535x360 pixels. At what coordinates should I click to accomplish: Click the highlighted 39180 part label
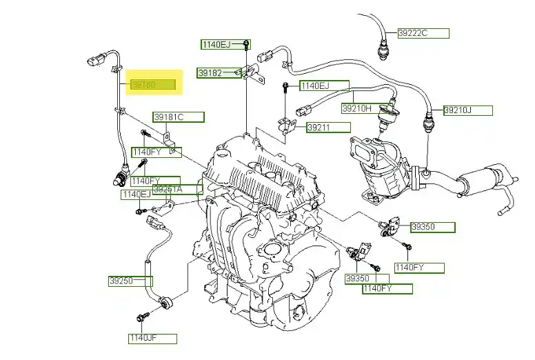coord(154,85)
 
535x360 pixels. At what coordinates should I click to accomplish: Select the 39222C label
coord(423,33)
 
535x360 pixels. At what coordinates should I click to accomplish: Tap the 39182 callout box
coord(219,72)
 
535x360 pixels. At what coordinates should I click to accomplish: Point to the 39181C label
coord(178,117)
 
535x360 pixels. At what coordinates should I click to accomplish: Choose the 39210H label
coord(365,108)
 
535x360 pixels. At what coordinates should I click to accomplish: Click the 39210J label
coord(467,110)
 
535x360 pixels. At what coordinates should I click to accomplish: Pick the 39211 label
coord(327,128)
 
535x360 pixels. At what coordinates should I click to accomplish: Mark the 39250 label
coord(130,281)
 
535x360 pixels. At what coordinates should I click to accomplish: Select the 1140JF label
coord(152,339)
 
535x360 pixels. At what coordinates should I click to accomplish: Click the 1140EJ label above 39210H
coord(323,86)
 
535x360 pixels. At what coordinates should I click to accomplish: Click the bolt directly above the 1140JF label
coord(143,318)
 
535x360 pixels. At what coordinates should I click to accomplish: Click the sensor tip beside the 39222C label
coord(384,48)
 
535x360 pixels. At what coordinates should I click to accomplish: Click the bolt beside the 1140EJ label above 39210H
coord(285,88)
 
